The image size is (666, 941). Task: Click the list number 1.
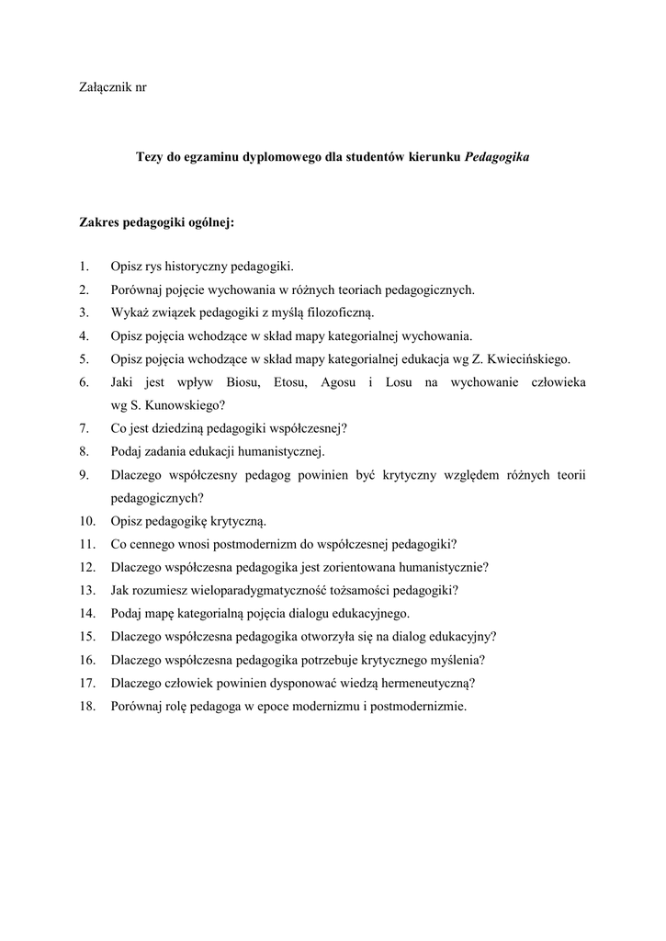[x=84, y=267]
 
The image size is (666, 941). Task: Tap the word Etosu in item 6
[x=288, y=381]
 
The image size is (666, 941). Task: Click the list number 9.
[x=84, y=474]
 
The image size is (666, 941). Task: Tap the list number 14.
[x=87, y=613]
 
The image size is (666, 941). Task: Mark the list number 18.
[x=87, y=706]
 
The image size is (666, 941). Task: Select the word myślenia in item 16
[x=458, y=659]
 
